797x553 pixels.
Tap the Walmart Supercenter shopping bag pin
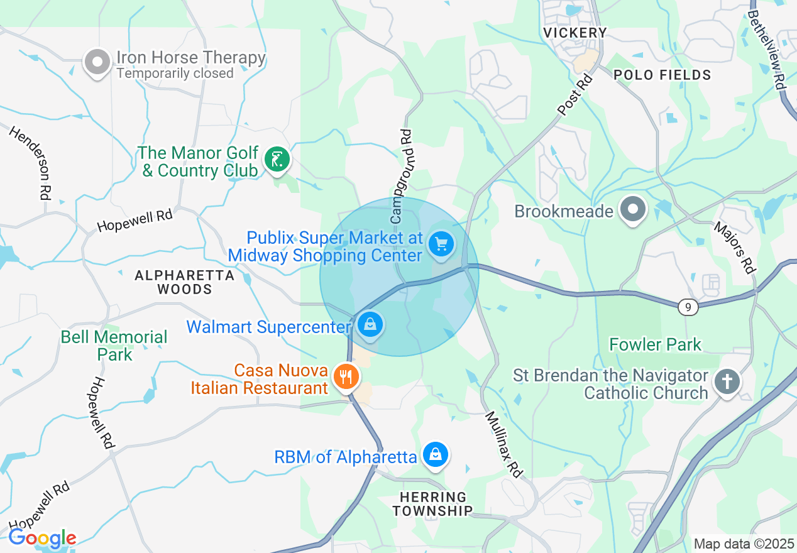(370, 325)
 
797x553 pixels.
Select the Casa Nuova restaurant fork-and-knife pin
(346, 377)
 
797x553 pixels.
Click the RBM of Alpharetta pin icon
(435, 454)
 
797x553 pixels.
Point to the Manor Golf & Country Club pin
(276, 158)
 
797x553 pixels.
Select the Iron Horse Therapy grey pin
(97, 62)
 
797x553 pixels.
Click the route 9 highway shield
(689, 307)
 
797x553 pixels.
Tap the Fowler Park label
(655, 344)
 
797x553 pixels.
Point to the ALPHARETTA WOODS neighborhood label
(185, 282)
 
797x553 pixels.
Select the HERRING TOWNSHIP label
(432, 504)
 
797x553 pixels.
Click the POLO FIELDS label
(662, 75)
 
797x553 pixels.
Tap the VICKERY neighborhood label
(575, 33)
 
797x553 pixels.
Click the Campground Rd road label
(400, 177)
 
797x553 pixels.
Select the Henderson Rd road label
(30, 163)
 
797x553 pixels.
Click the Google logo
(42, 539)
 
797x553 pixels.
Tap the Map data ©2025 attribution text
(744, 544)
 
